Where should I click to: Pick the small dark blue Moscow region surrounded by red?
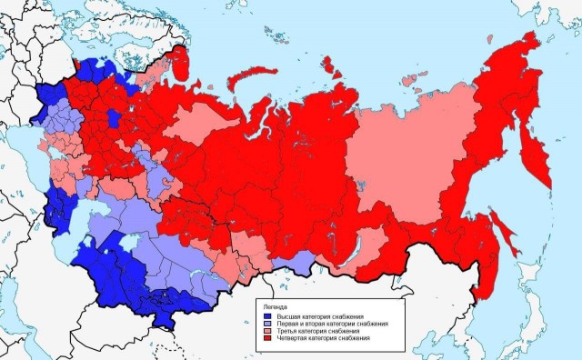click(113, 119)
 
